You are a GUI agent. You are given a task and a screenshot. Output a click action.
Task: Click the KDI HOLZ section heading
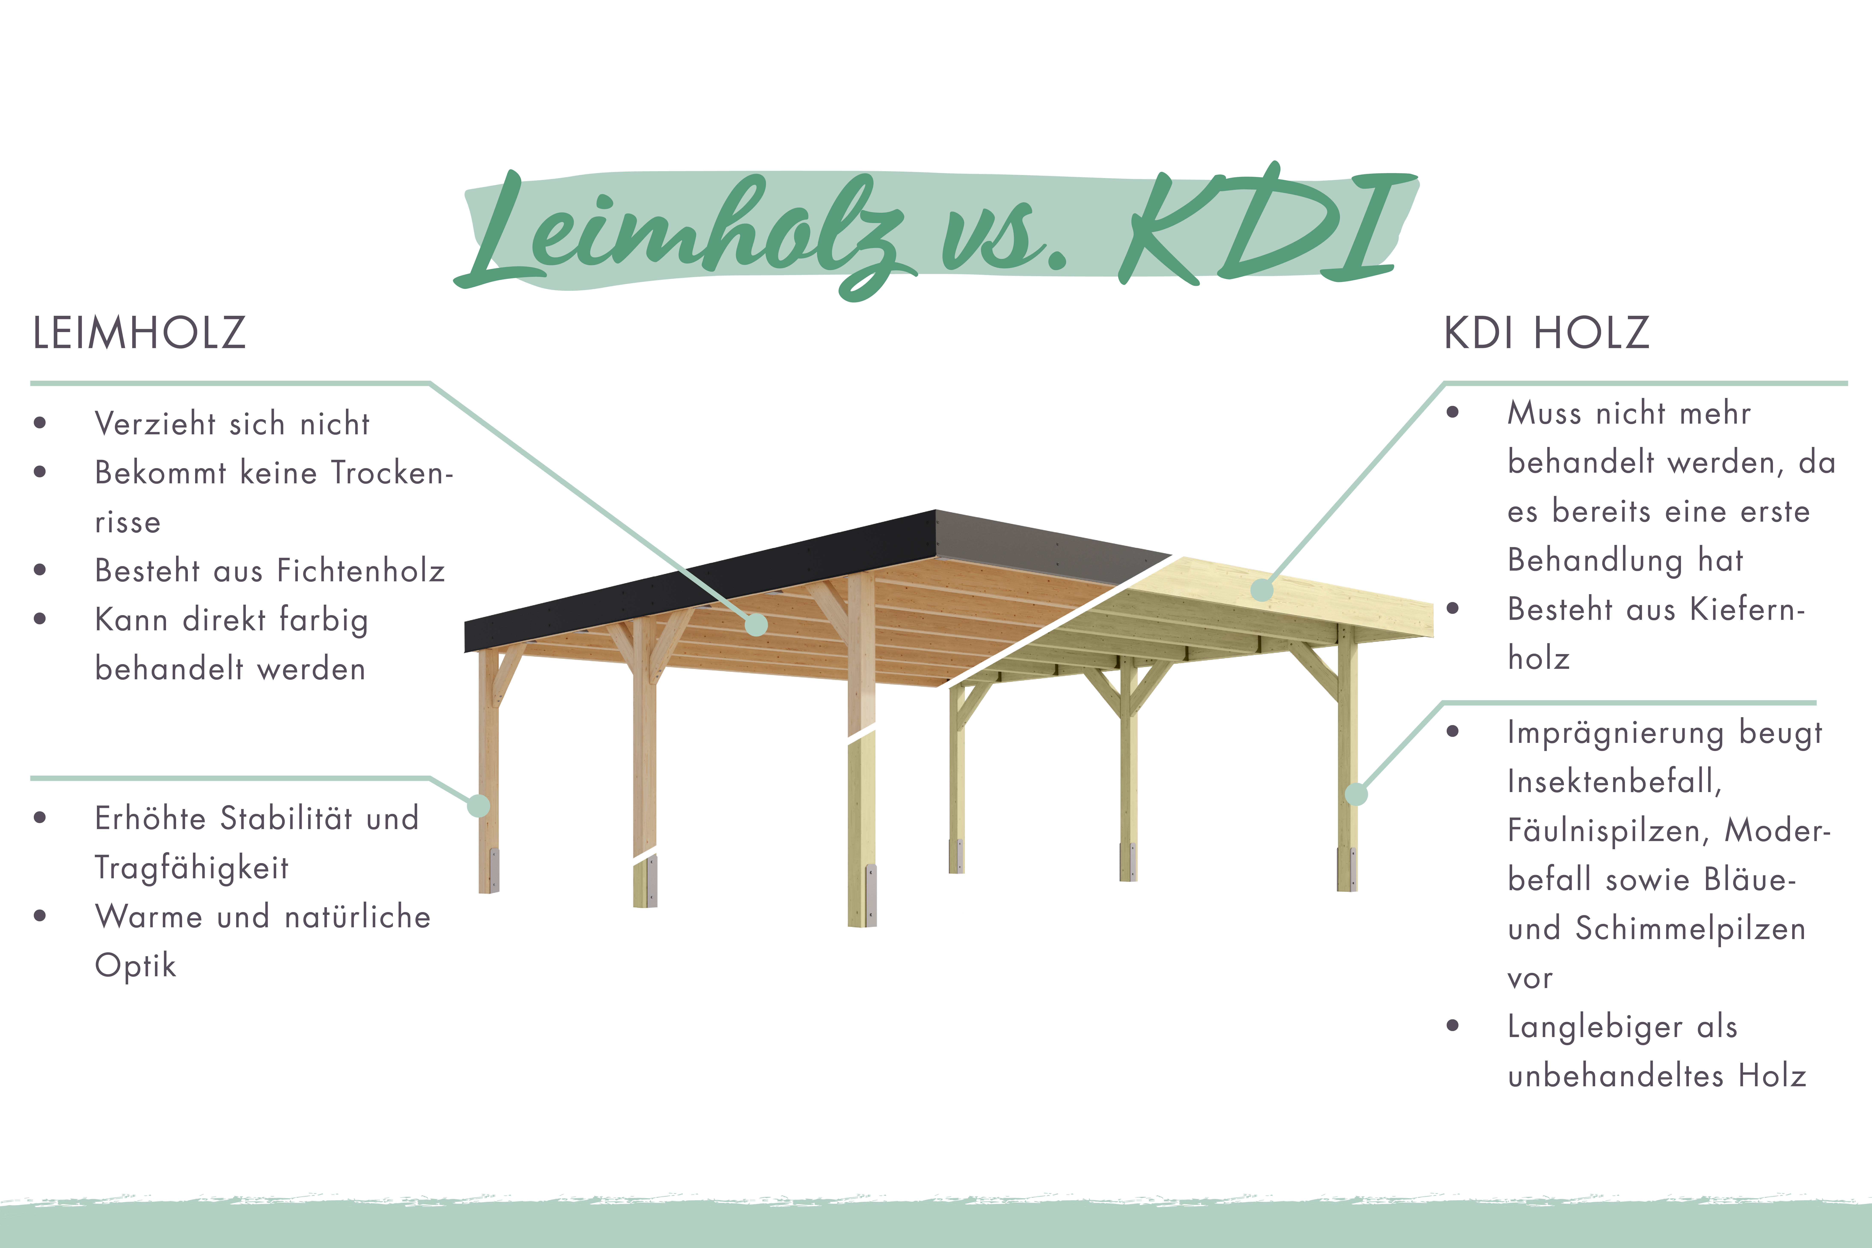click(1546, 333)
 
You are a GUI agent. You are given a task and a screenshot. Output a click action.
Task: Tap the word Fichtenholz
click(360, 571)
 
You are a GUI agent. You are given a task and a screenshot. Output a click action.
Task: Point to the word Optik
click(135, 965)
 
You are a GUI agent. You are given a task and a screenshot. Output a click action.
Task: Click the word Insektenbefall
click(1614, 782)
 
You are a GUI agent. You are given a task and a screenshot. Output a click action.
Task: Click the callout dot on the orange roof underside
click(756, 625)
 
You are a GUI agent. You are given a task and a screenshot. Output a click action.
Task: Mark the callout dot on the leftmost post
click(478, 806)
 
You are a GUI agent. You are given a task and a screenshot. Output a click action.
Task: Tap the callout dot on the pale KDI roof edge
click(1262, 590)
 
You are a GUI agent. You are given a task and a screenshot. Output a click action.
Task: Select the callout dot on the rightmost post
click(1356, 794)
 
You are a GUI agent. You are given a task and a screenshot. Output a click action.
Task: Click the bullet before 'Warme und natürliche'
click(40, 915)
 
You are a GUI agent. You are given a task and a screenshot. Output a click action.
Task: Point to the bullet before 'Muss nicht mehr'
click(1452, 412)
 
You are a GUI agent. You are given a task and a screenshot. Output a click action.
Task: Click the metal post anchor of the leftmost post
click(494, 869)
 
